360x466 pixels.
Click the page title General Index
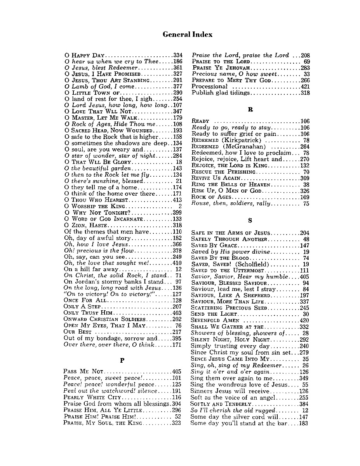188,35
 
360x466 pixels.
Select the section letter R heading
250,110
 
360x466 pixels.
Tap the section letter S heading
250,221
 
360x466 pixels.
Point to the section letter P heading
122,360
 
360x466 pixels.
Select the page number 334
177,55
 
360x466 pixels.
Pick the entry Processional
209,87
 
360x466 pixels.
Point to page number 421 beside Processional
305,87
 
